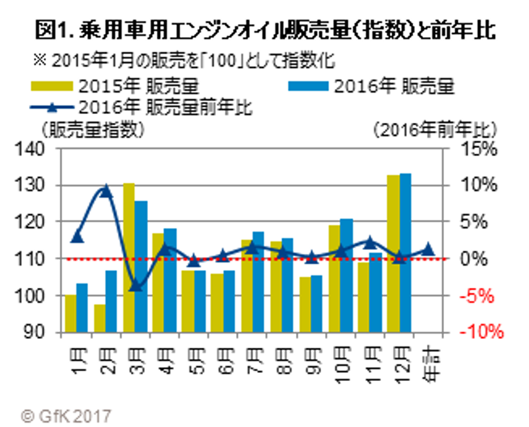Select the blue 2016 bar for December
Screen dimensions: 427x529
[405, 252]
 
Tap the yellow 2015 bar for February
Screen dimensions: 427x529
[100, 318]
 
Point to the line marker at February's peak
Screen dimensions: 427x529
[106, 190]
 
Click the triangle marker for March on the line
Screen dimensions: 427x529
[135, 287]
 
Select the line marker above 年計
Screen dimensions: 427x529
[428, 249]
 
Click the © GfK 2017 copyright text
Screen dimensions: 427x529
[66, 415]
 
